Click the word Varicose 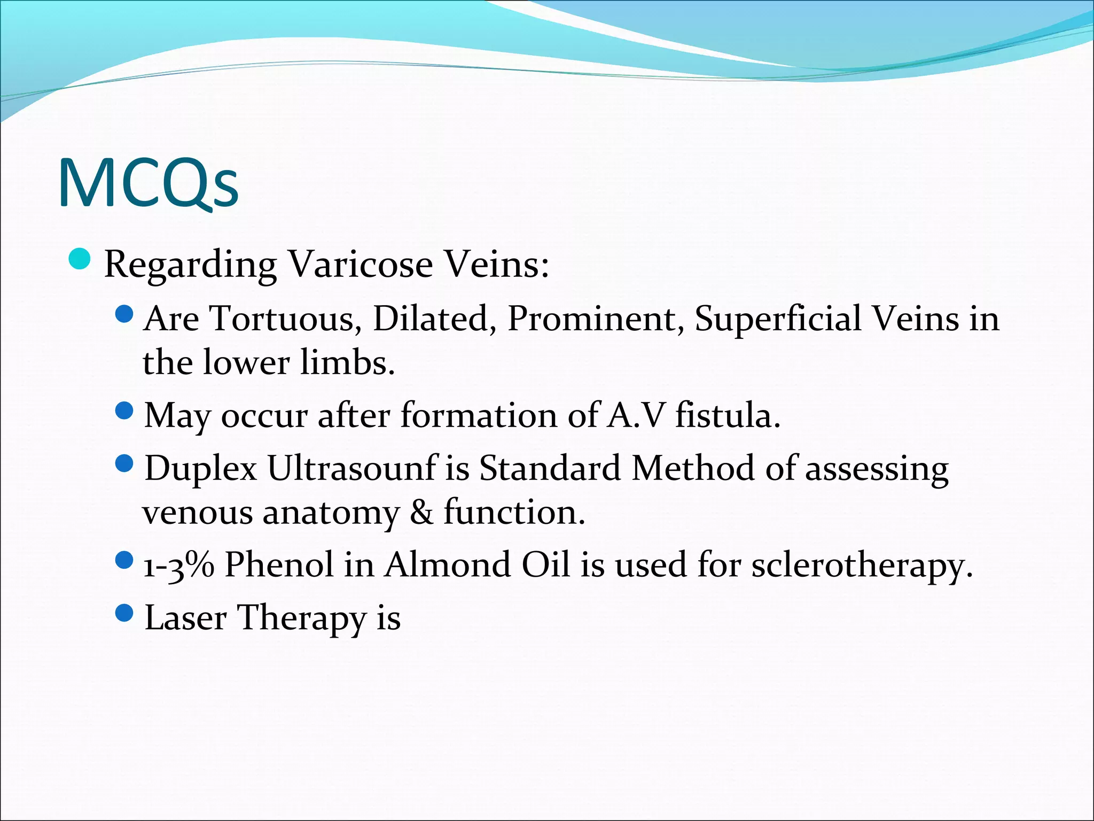[360, 264]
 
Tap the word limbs [347, 362]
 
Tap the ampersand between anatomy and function [421, 513]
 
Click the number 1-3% [179, 565]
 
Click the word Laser [185, 618]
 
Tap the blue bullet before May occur [124, 410]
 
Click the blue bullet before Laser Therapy [124, 613]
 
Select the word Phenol [279, 565]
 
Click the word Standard [550, 468]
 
